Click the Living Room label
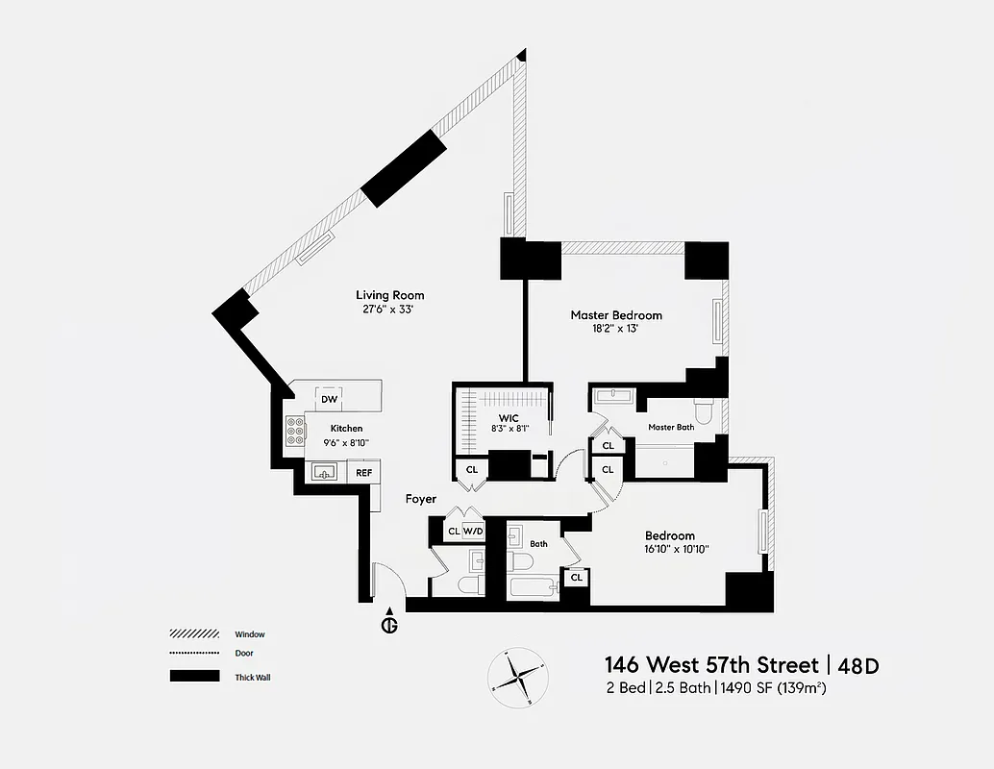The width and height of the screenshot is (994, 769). click(389, 295)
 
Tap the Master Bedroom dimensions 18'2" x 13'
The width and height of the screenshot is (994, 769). click(616, 329)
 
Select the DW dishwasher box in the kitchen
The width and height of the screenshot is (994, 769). click(329, 399)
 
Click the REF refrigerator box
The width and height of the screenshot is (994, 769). click(363, 472)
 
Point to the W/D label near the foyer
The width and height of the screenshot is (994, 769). click(473, 531)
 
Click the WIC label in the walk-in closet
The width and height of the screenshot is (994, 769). click(509, 418)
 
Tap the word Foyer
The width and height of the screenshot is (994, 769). click(420, 499)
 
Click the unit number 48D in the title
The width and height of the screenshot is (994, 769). click(859, 665)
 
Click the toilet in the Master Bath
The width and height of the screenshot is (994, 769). click(704, 412)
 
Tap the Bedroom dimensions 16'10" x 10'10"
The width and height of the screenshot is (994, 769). click(669, 550)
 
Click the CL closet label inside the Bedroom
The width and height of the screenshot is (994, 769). click(576, 578)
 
